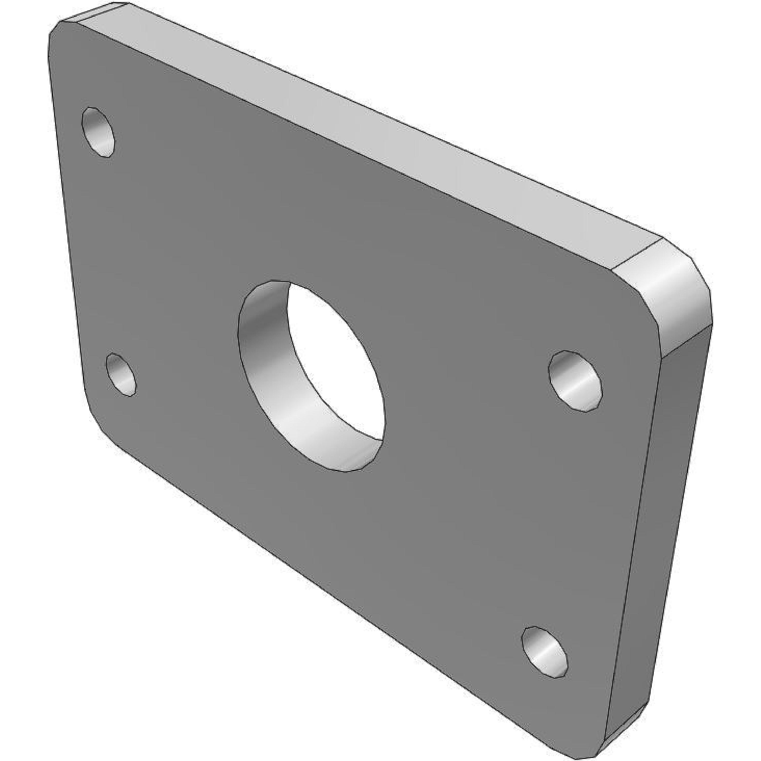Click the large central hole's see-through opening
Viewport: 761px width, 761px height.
(x=335, y=355)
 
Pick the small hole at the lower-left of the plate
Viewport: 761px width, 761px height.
(x=121, y=374)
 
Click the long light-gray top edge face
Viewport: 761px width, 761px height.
(x=355, y=118)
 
